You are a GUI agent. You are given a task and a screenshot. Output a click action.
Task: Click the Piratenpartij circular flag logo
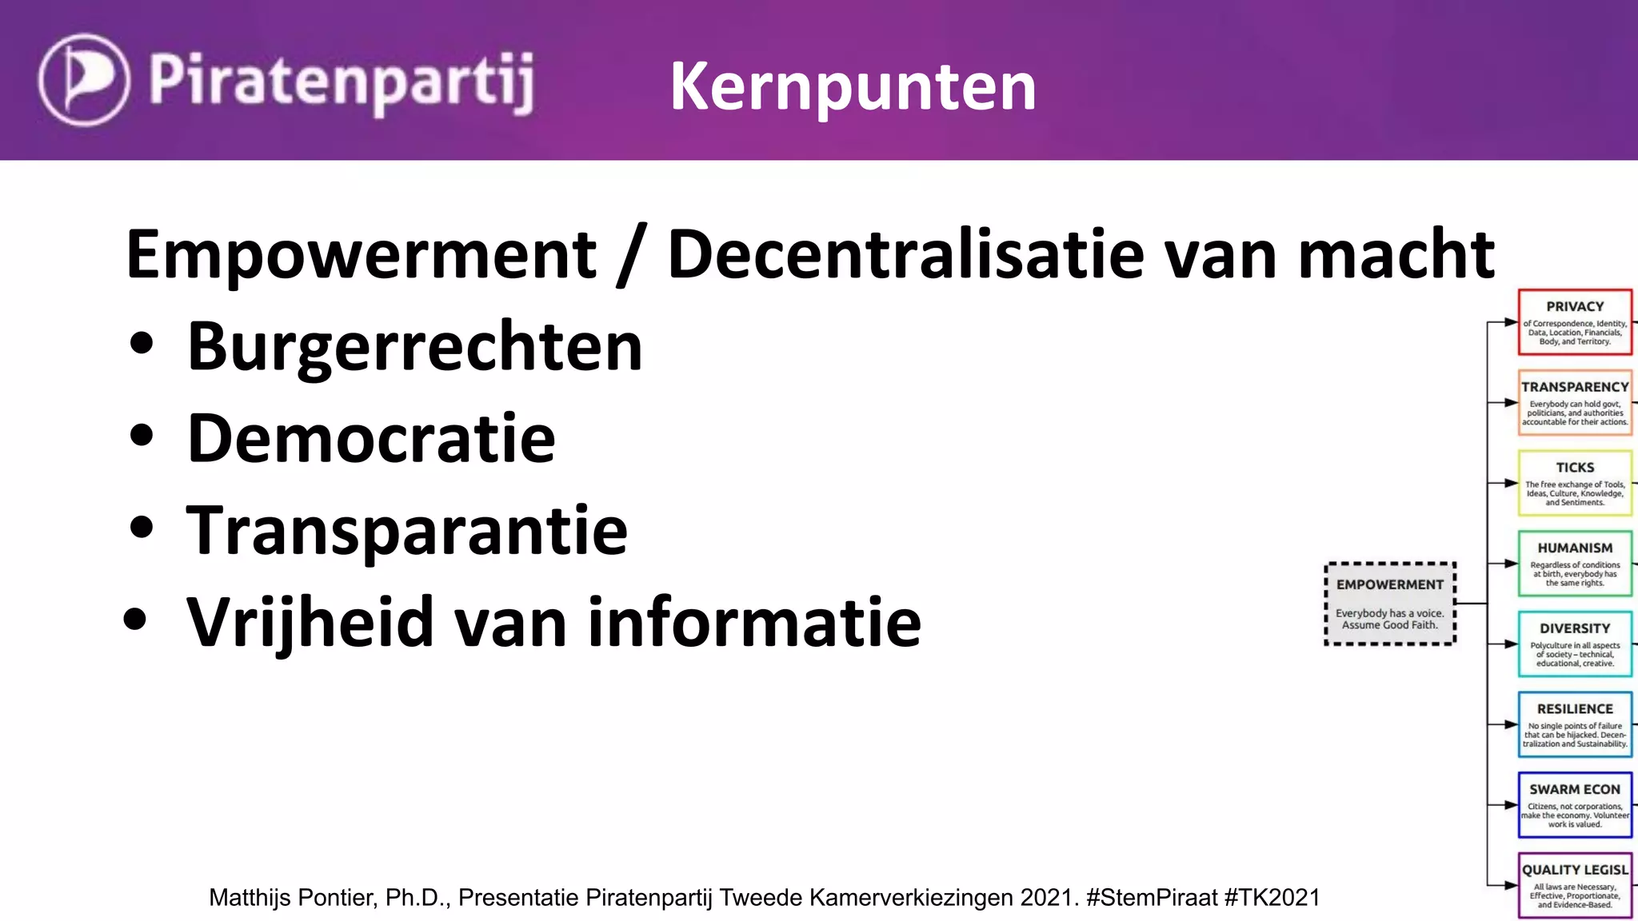[x=83, y=80]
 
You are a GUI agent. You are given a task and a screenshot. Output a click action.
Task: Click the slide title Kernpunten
[x=853, y=86]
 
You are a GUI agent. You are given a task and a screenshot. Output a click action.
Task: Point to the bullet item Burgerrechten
[x=414, y=347]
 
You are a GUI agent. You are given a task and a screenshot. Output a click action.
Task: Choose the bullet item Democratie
[x=370, y=438]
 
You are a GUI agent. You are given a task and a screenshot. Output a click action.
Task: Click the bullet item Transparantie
[x=406, y=529]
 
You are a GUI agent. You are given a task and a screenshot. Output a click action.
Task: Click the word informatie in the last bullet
[x=754, y=622]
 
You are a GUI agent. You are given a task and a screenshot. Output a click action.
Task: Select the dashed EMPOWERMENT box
[x=1389, y=604]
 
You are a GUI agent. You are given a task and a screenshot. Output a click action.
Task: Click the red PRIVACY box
[x=1574, y=322]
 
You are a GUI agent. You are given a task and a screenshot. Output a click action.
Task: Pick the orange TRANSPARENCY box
[x=1574, y=403]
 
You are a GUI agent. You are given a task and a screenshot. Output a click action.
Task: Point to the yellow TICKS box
[x=1574, y=483]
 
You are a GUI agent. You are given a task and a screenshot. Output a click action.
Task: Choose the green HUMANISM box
[x=1574, y=564]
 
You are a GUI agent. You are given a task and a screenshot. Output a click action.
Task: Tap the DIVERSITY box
[x=1574, y=644]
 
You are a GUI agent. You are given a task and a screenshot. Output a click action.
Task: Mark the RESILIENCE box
[x=1574, y=724]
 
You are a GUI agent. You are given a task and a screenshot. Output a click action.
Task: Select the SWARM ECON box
[x=1574, y=805]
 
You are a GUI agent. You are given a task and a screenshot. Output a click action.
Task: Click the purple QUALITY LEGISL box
[x=1574, y=886]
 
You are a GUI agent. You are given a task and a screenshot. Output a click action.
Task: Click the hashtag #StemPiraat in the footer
[x=1152, y=898]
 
